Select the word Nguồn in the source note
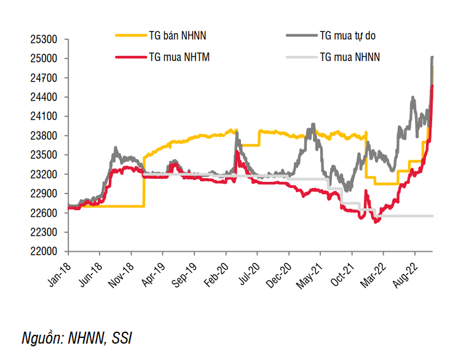tap(42, 338)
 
